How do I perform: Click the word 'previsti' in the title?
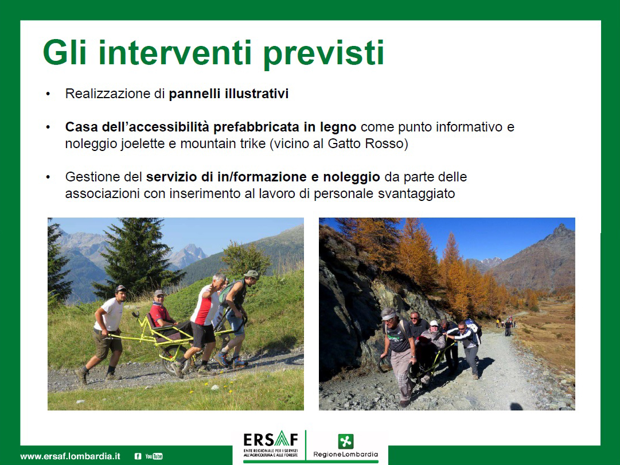coord(323,53)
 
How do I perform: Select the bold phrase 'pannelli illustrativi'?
coord(228,94)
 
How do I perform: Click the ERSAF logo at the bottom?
coord(271,444)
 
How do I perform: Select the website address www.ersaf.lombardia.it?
coord(71,456)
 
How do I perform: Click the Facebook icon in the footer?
coord(138,456)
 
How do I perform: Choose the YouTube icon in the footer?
coord(154,456)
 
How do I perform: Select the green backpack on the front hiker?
coord(228,291)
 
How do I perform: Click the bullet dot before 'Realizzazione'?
coord(48,94)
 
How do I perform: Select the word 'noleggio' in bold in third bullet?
coord(352,177)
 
